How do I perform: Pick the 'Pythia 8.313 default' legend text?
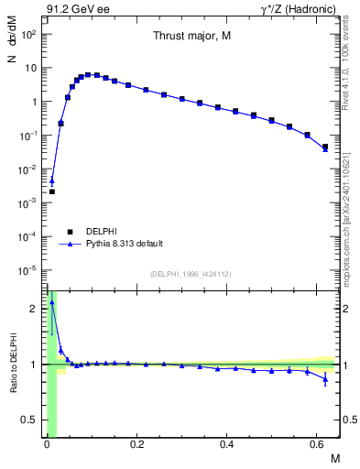click(125, 244)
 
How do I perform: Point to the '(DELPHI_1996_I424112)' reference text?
click(189, 274)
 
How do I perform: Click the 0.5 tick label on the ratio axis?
click(32, 420)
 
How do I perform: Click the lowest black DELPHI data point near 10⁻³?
click(52, 191)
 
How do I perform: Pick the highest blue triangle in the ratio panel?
click(52, 300)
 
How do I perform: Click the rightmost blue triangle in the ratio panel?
click(325, 379)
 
